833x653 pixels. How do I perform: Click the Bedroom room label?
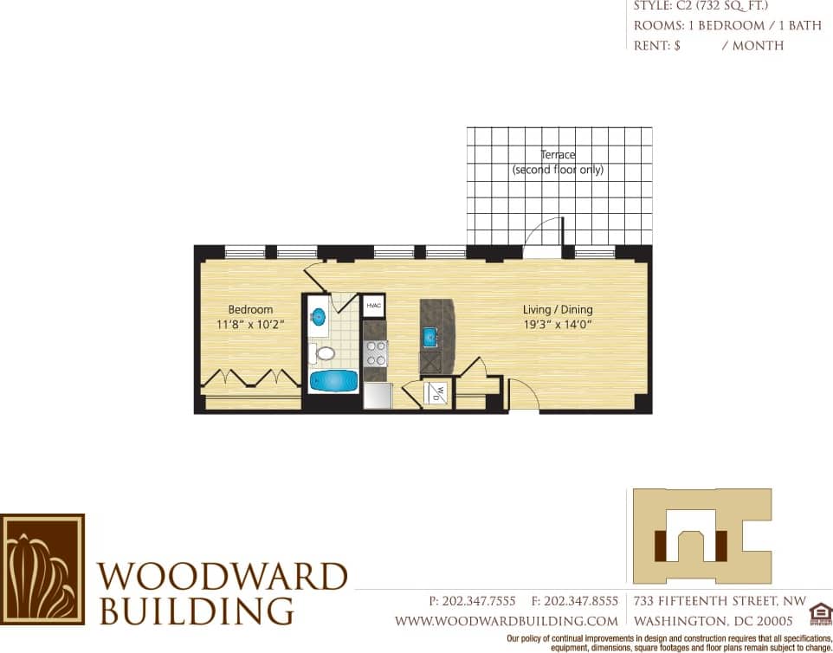[250, 309]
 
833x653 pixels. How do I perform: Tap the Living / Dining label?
[558, 309]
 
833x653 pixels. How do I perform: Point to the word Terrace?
[558, 155]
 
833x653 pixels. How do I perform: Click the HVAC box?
[374, 306]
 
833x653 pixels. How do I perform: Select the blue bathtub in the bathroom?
[333, 381]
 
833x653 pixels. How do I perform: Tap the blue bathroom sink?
[318, 315]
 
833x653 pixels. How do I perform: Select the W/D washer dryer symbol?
[437, 393]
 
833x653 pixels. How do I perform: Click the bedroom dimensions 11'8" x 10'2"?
[250, 324]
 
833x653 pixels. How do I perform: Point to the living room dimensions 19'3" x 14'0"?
[558, 324]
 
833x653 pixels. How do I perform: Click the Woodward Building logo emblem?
[42, 569]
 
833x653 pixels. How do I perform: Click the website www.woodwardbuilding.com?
[507, 621]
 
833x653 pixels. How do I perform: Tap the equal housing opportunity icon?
[819, 614]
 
